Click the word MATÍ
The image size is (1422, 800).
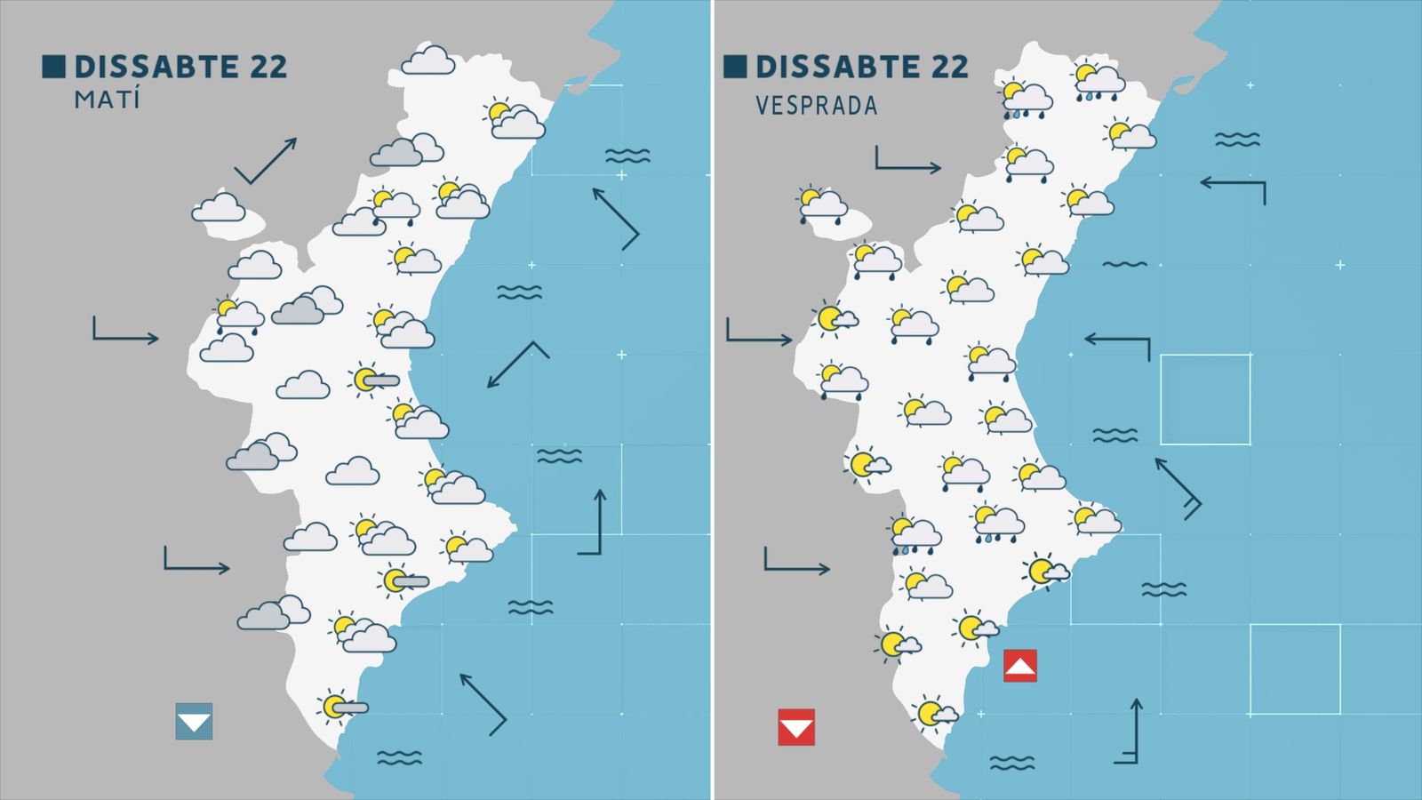click(107, 99)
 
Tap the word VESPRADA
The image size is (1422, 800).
click(816, 106)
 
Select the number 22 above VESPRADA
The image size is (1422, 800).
click(947, 67)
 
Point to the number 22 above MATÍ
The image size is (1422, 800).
click(268, 67)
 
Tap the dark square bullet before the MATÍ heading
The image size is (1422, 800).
click(53, 67)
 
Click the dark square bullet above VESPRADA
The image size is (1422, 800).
click(735, 67)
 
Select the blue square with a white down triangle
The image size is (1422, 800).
click(194, 721)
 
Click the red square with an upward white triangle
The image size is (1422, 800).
click(1019, 666)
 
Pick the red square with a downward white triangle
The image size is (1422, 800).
click(795, 726)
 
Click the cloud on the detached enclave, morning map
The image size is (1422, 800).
click(219, 209)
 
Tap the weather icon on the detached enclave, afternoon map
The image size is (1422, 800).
click(822, 204)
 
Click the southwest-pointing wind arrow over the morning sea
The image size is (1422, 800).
click(517, 364)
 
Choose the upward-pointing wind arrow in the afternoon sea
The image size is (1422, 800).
click(1129, 732)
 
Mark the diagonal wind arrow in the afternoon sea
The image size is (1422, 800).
click(1178, 487)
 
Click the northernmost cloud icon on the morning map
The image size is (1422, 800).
click(428, 61)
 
